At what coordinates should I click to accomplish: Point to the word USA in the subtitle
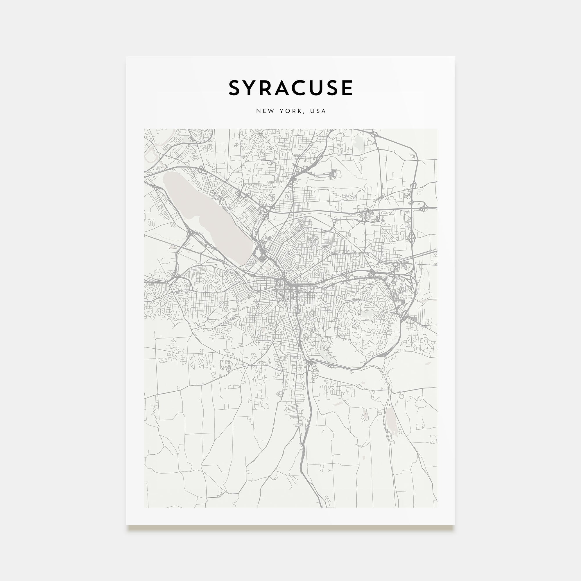point(318,111)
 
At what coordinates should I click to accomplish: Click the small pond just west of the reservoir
point(365,415)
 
